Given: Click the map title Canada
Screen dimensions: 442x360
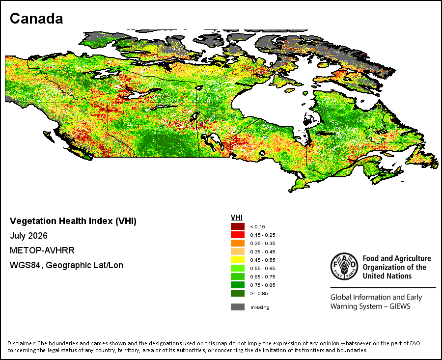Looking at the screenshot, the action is click(x=36, y=19).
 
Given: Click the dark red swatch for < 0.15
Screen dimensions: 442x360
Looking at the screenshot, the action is click(x=238, y=226).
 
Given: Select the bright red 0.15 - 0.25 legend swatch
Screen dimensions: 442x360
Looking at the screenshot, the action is click(x=238, y=235).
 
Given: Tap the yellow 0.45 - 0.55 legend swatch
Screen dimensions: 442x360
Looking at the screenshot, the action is click(x=238, y=260).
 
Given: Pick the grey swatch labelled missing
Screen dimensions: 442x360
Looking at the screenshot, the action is click(x=238, y=307).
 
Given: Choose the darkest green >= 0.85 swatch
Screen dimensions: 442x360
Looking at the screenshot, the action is click(x=238, y=293).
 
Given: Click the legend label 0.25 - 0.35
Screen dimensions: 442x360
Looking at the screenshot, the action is click(x=263, y=243).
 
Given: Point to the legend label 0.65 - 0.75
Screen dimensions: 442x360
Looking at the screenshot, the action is click(x=263, y=277).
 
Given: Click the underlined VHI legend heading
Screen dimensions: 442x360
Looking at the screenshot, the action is click(x=237, y=218).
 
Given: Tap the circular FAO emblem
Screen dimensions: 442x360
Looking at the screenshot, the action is click(x=344, y=266).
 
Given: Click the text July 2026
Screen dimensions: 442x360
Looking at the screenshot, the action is click(x=29, y=236).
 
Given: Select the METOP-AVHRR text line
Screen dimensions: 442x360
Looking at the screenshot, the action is click(x=42, y=250).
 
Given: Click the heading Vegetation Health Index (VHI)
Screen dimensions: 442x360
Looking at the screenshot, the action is click(x=73, y=221).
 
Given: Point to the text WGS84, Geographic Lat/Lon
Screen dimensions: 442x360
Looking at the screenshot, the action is click(x=66, y=265).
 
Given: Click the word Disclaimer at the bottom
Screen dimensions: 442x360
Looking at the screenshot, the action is click(x=22, y=343).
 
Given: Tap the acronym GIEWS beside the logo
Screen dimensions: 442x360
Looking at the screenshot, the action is click(x=400, y=306).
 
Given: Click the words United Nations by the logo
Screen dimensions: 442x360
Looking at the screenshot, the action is click(x=387, y=276).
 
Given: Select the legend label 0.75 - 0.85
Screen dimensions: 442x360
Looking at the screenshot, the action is click(x=263, y=285).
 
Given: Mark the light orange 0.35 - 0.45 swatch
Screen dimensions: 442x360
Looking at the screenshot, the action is click(x=238, y=251).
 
